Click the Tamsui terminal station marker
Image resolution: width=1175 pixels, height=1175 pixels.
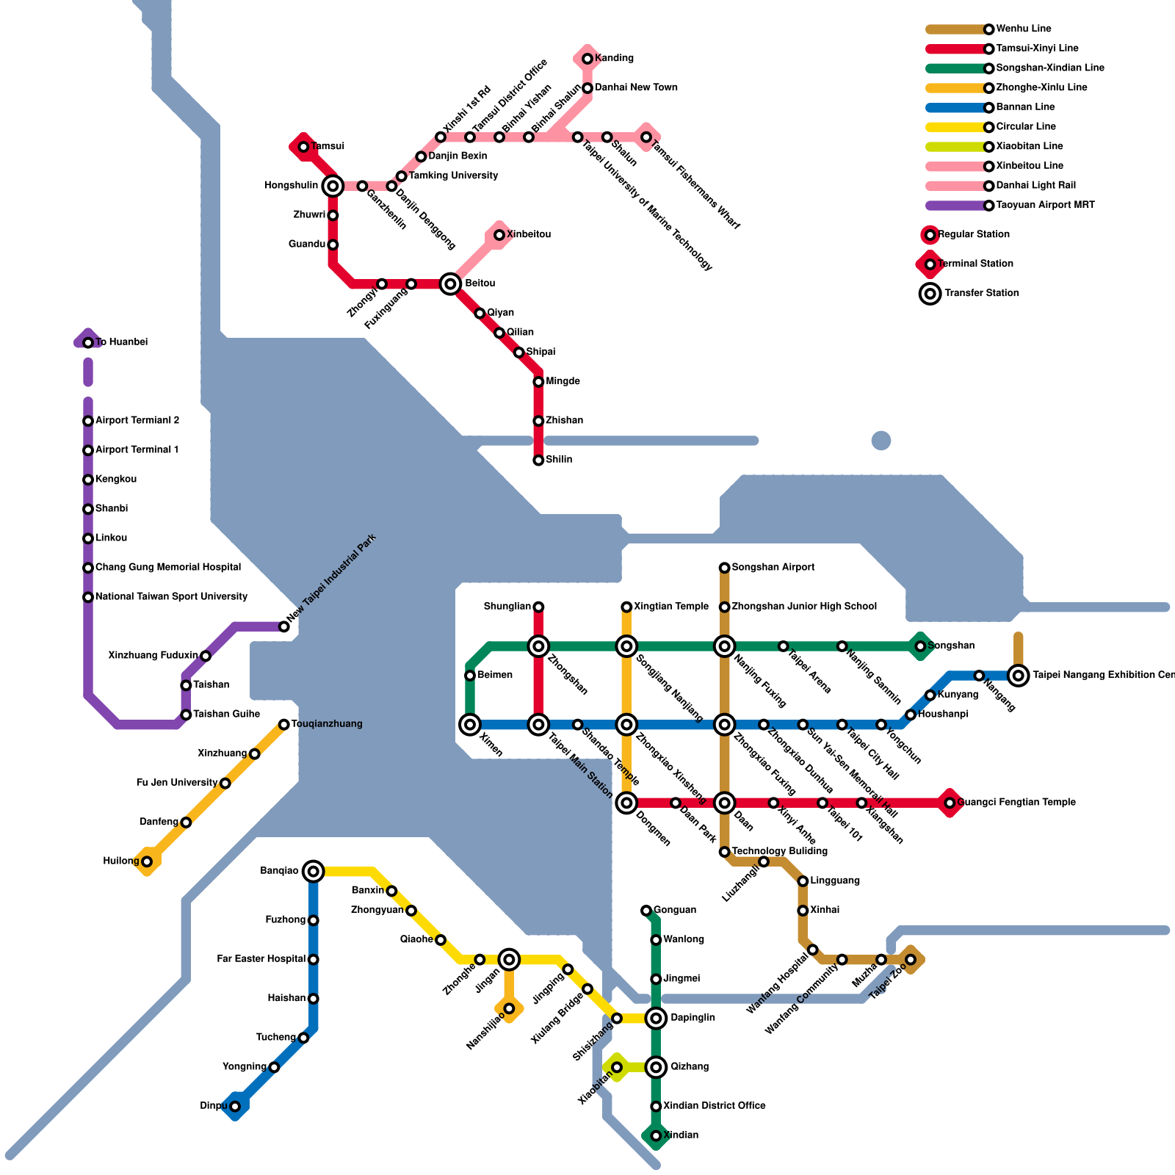[303, 147]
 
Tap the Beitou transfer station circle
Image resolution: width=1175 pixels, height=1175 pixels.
[451, 284]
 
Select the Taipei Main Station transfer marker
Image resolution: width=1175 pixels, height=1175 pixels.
[538, 725]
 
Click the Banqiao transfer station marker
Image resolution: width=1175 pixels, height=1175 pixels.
[314, 872]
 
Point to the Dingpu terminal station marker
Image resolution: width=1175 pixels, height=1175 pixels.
[235, 1107]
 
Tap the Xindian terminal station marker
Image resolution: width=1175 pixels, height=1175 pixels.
[656, 1136]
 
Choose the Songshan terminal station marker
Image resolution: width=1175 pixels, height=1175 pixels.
[920, 646]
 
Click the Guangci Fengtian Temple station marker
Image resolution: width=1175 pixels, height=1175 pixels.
[950, 803]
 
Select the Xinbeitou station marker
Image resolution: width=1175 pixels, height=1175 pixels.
[499, 235]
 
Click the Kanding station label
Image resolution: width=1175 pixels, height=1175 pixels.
[614, 59]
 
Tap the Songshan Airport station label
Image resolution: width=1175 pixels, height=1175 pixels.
[773, 568]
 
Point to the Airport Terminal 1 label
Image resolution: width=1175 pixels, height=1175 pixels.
[137, 450]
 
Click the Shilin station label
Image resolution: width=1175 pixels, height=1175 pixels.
[559, 460]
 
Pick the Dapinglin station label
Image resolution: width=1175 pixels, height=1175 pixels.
[693, 1019]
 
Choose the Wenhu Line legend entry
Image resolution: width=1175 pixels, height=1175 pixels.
[1024, 29]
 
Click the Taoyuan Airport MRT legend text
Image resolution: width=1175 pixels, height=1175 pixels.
[1045, 206]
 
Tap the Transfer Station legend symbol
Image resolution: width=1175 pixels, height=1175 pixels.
[930, 294]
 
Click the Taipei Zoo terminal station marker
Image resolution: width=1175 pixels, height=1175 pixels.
[911, 960]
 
